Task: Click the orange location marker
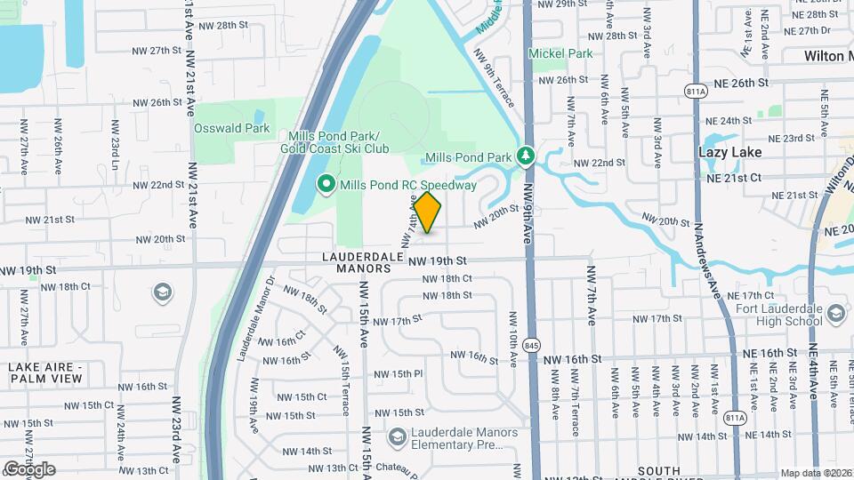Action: click(427, 212)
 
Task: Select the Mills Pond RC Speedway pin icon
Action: click(326, 185)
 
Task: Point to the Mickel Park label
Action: click(560, 53)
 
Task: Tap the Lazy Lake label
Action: click(729, 152)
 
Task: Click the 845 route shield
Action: click(532, 343)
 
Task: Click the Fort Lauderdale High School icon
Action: click(835, 313)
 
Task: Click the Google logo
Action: click(28, 468)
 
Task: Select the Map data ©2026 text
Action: click(815, 473)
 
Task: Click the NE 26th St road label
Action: click(737, 83)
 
